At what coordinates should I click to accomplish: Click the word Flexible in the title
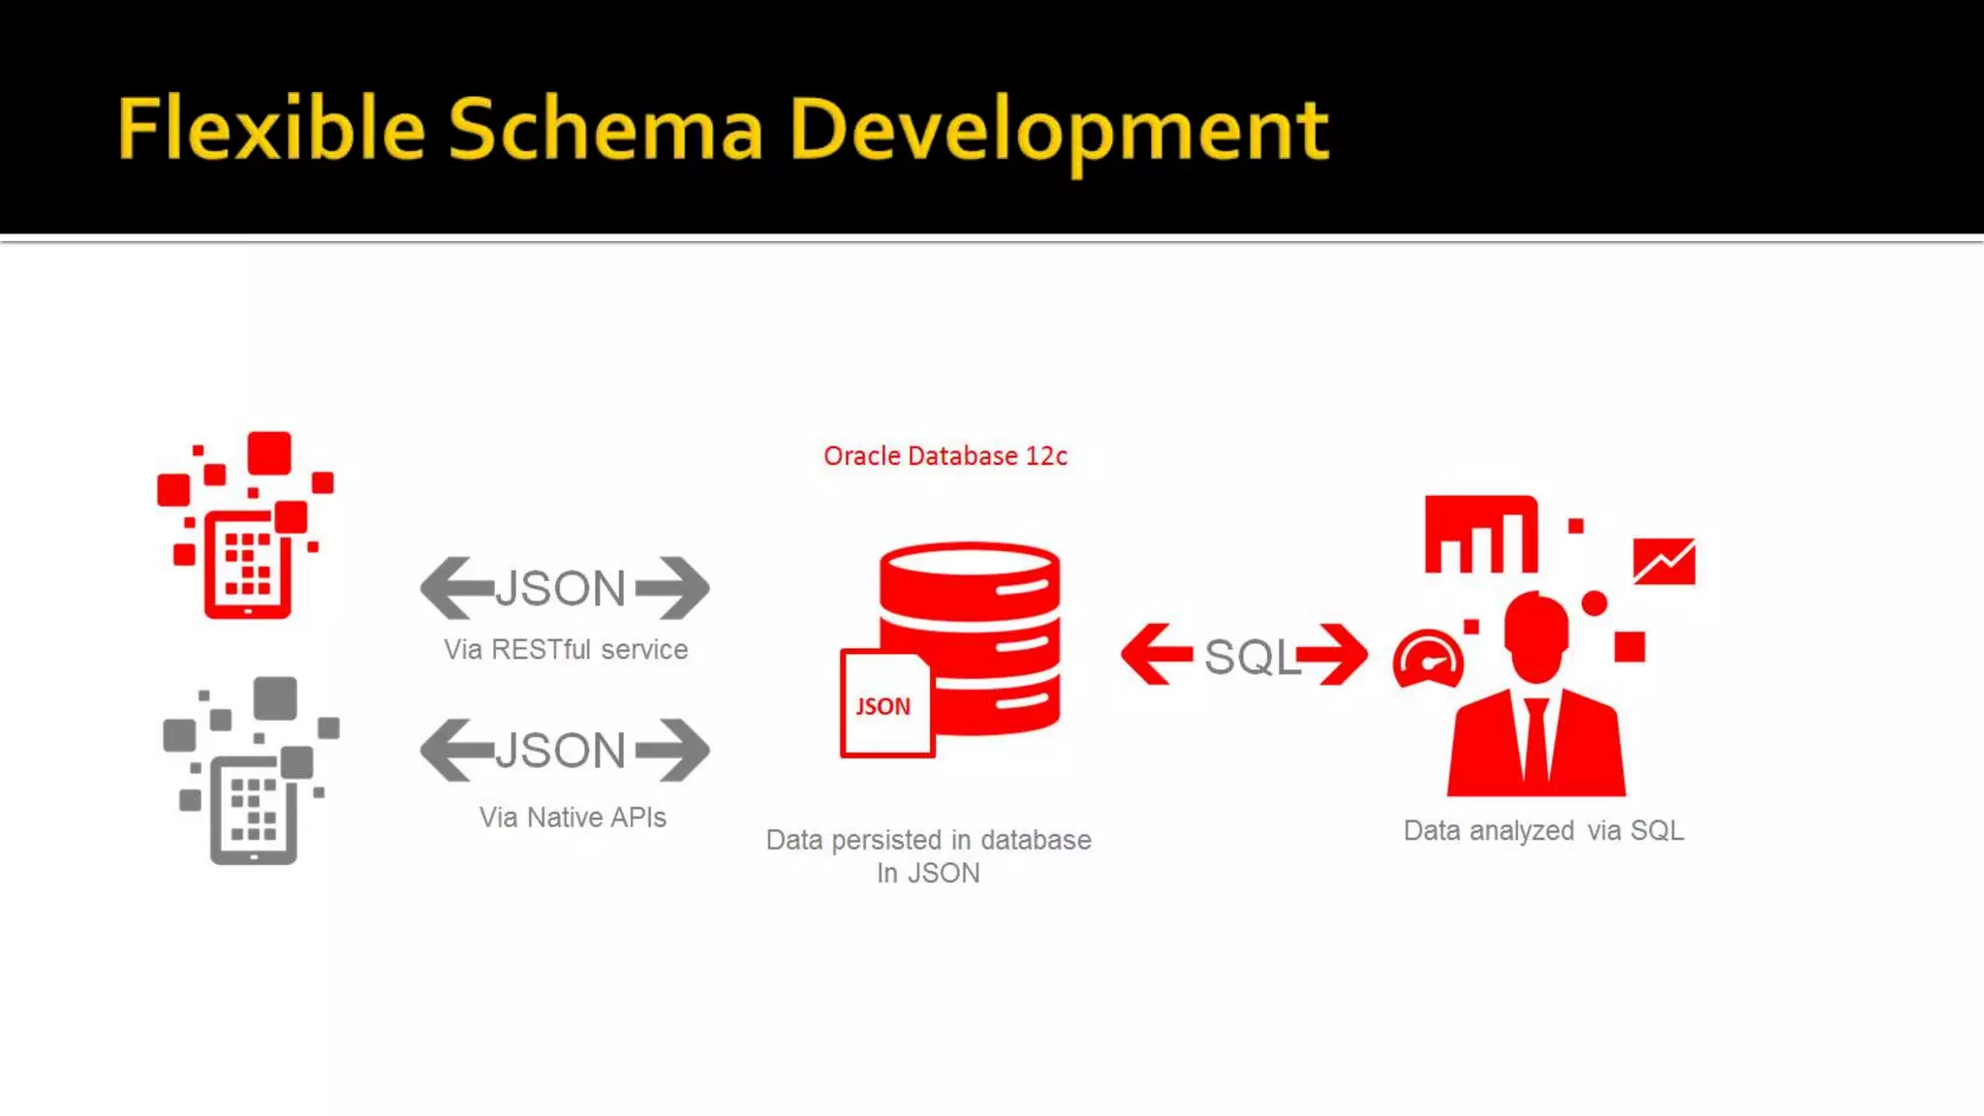coord(271,128)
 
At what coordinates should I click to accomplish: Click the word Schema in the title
coord(605,128)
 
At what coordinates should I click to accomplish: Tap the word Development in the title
coord(1059,130)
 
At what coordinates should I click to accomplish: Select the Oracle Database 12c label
coord(945,456)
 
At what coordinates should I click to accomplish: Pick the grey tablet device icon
coord(253,811)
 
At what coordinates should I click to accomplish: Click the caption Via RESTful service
coord(566,650)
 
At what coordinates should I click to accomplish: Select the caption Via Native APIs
coord(573,818)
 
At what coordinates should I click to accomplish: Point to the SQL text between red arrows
coord(1250,657)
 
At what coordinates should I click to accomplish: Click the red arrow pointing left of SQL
coord(1156,654)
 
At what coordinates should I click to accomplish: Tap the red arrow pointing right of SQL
coord(1334,654)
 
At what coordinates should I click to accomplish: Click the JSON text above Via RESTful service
coord(561,588)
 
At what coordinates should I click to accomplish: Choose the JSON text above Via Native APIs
coord(561,750)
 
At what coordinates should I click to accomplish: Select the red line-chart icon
coord(1663,561)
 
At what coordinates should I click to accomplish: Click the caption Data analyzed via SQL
coord(1543,831)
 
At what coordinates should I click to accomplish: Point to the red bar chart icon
coord(1480,535)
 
